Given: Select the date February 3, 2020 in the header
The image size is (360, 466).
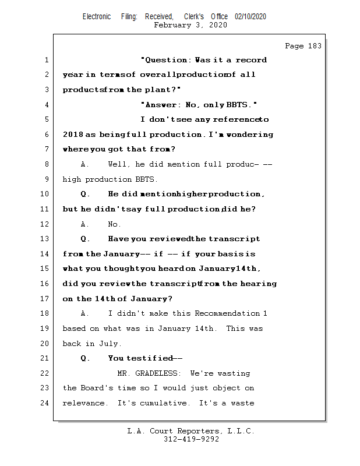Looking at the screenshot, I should coord(190,26).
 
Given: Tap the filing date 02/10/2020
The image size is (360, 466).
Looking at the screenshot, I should coord(250,17).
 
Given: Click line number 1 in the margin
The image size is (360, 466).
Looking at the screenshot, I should coord(45,60).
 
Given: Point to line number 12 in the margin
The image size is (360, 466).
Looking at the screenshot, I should coord(45,224).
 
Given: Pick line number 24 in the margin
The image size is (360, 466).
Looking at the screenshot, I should coord(45,403).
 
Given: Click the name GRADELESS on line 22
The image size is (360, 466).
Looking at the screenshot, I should coord(161,373).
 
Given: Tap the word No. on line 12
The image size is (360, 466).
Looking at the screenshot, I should coord(115,224).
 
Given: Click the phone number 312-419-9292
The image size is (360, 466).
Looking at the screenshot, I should coord(191,440).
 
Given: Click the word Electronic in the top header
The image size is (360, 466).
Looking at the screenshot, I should coord(97,17).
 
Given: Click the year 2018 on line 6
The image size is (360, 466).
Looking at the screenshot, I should coord(73,135).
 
